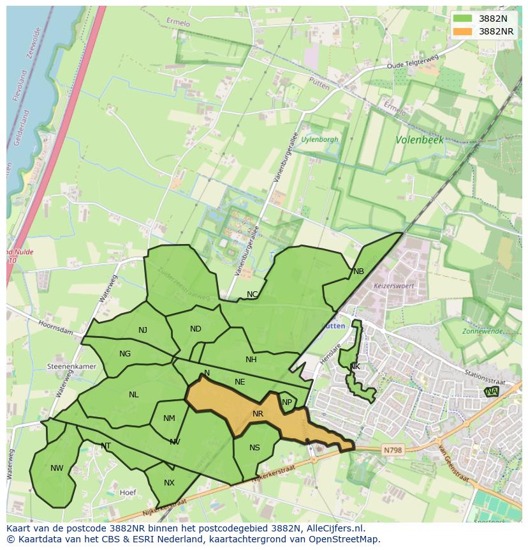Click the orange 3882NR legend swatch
click(x=464, y=31)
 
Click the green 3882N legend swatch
click(x=464, y=19)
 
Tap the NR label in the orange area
click(x=258, y=414)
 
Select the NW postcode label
click(x=57, y=468)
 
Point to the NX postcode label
click(x=169, y=483)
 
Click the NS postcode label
click(x=254, y=448)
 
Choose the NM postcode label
click(x=169, y=418)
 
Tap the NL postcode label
click(x=133, y=395)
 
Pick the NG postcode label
click(x=125, y=354)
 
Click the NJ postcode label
click(x=143, y=330)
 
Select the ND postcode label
click(x=196, y=329)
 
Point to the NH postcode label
click(x=251, y=360)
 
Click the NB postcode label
click(x=358, y=271)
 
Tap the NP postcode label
click(x=287, y=402)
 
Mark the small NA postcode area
click(x=491, y=392)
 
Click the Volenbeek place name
click(x=419, y=139)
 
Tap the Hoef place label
click(x=128, y=493)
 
